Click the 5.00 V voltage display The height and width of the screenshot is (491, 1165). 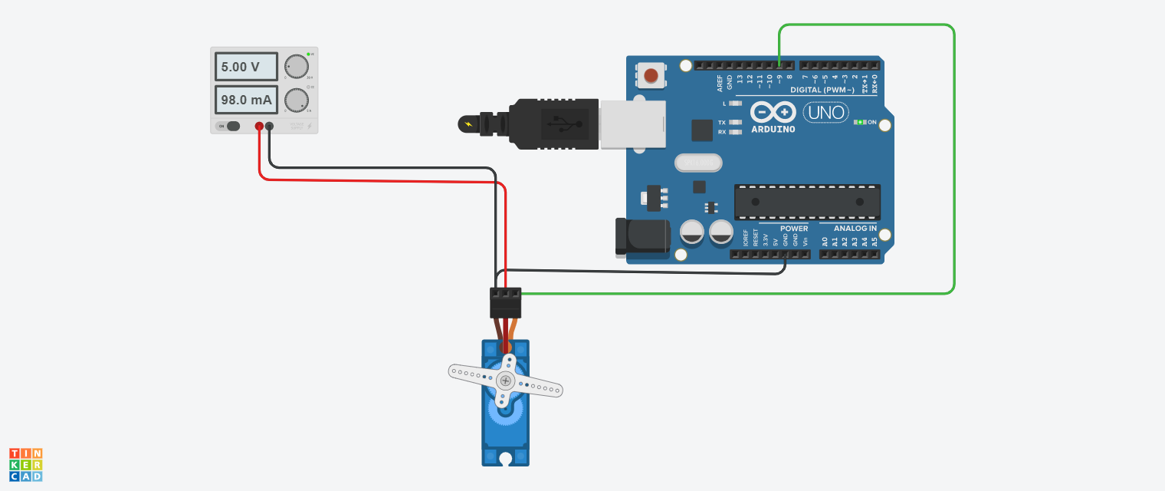click(x=245, y=67)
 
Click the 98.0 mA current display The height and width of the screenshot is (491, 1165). click(x=245, y=100)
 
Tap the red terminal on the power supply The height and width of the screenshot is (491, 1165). click(x=259, y=126)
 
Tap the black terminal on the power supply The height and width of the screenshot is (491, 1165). click(x=269, y=126)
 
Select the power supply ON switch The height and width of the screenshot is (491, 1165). click(x=229, y=126)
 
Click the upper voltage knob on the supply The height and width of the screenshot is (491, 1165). click(x=296, y=67)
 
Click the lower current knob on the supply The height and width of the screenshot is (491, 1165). click(x=296, y=100)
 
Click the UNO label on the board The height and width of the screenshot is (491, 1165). click(x=825, y=113)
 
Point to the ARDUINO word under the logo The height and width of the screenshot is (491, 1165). click(x=773, y=129)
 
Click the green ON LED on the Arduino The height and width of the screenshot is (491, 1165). click(x=861, y=122)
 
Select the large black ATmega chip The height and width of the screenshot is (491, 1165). click(x=807, y=202)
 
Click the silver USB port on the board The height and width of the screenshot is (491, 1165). click(x=632, y=123)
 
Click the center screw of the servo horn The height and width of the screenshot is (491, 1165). click(x=505, y=381)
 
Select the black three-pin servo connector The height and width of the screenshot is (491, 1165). click(x=505, y=302)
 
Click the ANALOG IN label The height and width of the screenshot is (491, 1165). click(x=855, y=229)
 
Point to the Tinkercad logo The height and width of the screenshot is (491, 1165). click(x=26, y=465)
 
